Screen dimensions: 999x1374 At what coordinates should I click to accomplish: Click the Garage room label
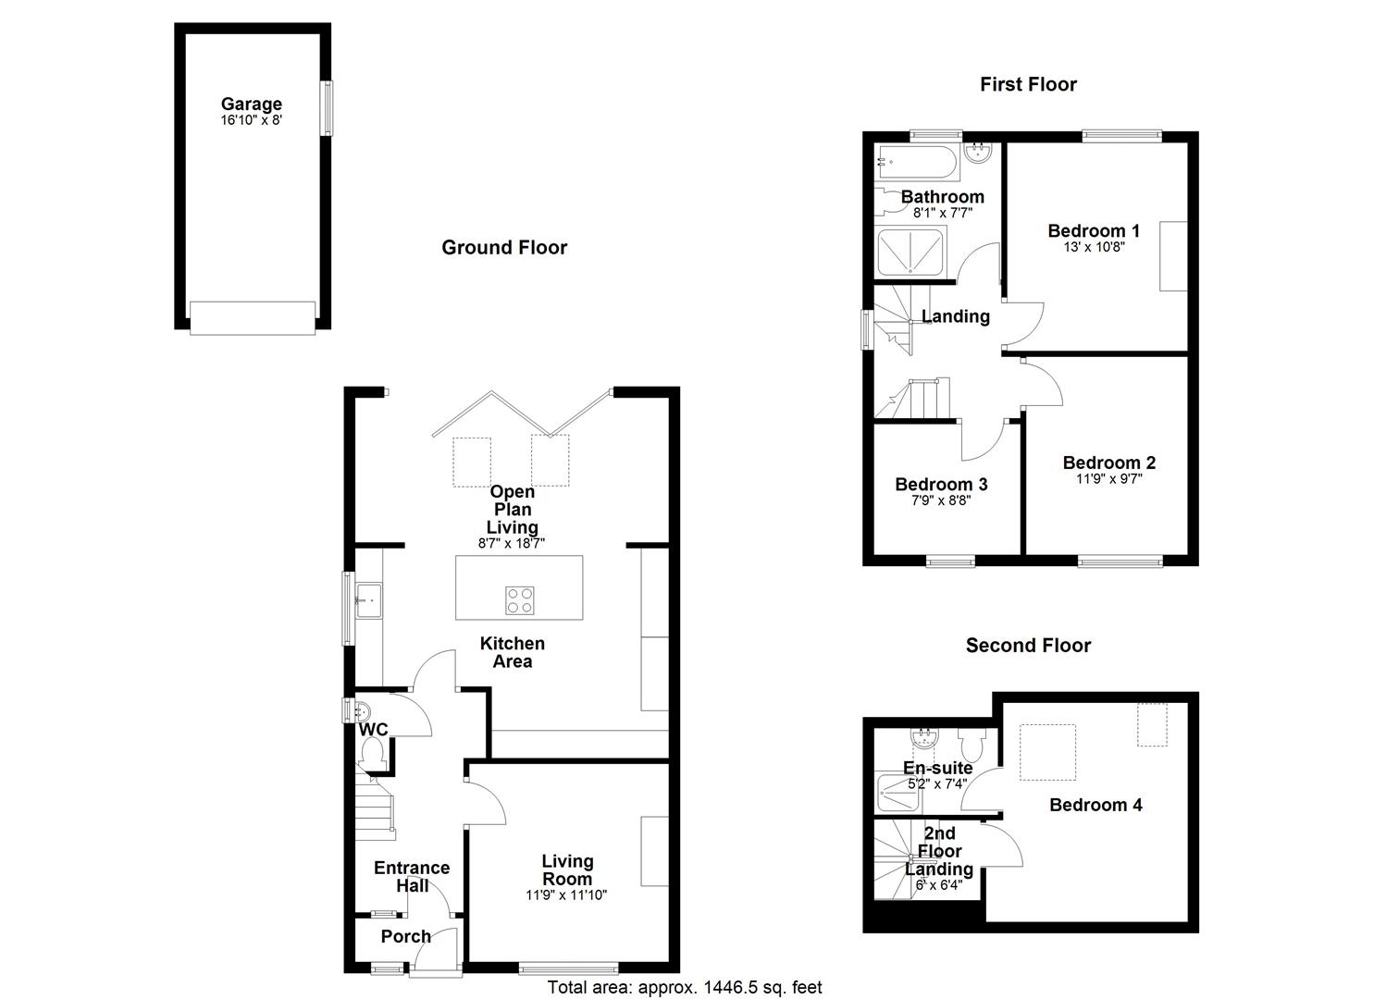click(251, 105)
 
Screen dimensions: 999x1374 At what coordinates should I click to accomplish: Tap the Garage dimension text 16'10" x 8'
click(251, 120)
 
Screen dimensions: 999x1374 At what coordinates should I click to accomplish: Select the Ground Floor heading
click(504, 247)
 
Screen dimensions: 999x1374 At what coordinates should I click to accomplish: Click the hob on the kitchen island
click(520, 600)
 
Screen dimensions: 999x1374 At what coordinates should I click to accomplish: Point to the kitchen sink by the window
click(368, 599)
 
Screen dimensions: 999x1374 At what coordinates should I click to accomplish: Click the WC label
click(374, 730)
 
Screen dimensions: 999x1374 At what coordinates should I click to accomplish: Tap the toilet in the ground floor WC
click(373, 758)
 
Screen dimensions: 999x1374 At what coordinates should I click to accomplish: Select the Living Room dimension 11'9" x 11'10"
click(566, 895)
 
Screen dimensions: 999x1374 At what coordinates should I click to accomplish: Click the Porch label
click(406, 936)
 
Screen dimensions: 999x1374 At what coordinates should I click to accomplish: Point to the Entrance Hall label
click(412, 876)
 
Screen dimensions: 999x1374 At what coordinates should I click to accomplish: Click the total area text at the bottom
click(685, 988)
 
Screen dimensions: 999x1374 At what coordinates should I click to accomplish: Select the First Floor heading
click(1028, 84)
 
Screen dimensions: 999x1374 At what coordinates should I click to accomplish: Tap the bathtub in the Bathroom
click(917, 163)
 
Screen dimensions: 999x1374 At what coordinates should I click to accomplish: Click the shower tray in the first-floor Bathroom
click(910, 253)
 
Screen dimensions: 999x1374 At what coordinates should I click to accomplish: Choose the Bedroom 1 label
click(1093, 231)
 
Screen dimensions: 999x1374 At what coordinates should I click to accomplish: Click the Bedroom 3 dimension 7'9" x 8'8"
click(941, 500)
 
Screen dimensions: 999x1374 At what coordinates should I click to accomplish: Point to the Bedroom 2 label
click(1108, 462)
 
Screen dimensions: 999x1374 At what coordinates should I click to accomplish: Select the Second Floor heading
click(1028, 646)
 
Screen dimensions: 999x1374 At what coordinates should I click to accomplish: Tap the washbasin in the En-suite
click(924, 738)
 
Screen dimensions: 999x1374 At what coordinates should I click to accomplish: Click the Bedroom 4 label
click(1095, 805)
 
